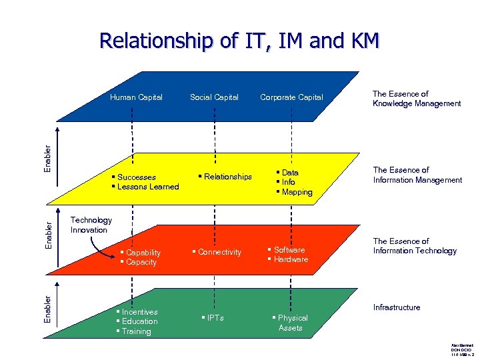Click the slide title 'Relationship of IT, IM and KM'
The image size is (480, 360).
(239, 41)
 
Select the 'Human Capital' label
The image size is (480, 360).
(136, 97)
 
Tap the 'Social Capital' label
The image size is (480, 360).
(214, 97)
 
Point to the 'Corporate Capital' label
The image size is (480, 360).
(291, 97)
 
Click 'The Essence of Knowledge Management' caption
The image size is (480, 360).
(417, 99)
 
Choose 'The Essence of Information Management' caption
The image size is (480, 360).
(417, 175)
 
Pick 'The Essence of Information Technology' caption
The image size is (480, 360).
(415, 246)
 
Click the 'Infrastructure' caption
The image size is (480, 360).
(397, 307)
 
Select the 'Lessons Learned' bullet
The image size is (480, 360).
(148, 187)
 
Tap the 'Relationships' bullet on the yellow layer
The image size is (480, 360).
(227, 177)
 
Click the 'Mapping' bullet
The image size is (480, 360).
(297, 192)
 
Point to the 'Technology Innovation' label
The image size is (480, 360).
(91, 225)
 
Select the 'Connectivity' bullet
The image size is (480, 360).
(219, 252)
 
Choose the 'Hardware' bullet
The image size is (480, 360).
(291, 259)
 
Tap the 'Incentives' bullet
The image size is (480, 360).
(139, 312)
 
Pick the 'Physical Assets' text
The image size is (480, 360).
(291, 323)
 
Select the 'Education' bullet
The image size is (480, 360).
(139, 321)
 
